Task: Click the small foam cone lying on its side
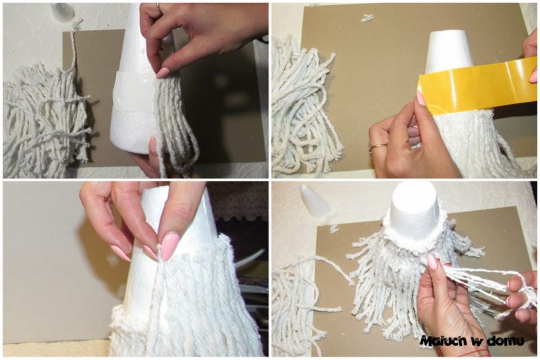(x=314, y=202)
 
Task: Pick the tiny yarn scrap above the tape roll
(x=368, y=18)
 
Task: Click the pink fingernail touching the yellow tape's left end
(x=420, y=99)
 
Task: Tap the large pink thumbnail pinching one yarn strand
(x=169, y=246)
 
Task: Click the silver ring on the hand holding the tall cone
(x=158, y=6)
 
